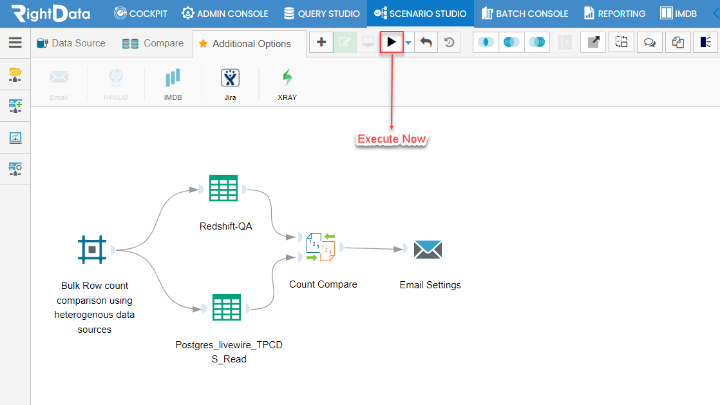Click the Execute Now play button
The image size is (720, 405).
tap(392, 43)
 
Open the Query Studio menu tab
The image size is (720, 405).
tap(321, 14)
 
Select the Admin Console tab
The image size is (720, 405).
tap(225, 14)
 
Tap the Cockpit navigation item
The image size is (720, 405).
tap(140, 14)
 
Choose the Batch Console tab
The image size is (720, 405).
tap(525, 14)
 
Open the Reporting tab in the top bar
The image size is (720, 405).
tap(614, 14)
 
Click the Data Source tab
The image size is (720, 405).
tap(71, 43)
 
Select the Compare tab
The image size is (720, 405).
tap(153, 43)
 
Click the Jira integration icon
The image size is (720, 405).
tap(230, 77)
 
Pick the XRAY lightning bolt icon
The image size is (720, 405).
tap(287, 77)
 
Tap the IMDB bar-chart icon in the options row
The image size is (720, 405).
tap(173, 77)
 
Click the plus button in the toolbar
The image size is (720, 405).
tap(321, 43)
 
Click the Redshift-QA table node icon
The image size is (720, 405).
tap(223, 188)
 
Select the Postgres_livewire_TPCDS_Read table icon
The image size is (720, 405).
tap(227, 307)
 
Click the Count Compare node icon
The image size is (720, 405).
tap(321, 248)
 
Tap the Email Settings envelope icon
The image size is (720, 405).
tap(428, 249)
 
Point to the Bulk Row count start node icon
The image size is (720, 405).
tap(92, 250)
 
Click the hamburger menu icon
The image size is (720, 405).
tap(15, 43)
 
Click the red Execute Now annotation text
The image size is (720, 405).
tap(392, 139)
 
